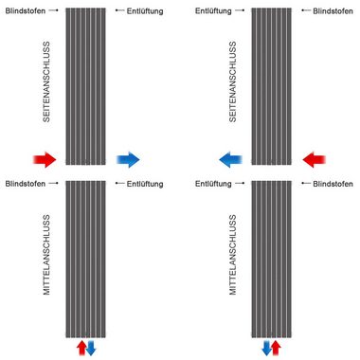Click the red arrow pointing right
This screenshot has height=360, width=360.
tap(45, 160)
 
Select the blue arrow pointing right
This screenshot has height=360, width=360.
tap(128, 160)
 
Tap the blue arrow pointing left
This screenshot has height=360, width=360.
tap(230, 160)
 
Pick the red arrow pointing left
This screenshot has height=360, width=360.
tap(314, 160)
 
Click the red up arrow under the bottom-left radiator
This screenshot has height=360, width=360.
tap(81, 348)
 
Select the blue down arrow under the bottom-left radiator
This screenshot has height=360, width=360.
tap(91, 348)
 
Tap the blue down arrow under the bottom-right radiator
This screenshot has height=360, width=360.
tap(267, 348)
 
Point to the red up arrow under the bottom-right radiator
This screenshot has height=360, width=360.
tap(277, 348)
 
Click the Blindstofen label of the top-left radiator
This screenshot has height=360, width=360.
tap(26, 11)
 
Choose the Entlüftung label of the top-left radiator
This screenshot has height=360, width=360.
tap(145, 11)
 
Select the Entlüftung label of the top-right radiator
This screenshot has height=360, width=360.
tap(213, 11)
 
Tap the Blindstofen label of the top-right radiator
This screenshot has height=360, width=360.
tap(333, 11)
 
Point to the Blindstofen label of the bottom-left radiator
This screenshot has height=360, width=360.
tap(26, 184)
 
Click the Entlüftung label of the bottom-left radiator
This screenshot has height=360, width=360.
tap(145, 184)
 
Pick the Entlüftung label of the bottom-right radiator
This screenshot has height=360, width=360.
tap(213, 184)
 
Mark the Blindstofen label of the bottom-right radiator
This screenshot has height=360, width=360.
tap(333, 184)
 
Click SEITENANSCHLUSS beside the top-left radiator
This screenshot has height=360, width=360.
tap(46, 81)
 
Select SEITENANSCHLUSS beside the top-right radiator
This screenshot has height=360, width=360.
tap(233, 81)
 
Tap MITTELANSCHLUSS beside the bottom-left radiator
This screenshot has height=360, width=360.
tap(46, 255)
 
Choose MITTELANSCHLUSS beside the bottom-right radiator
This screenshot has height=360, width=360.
tap(233, 255)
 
